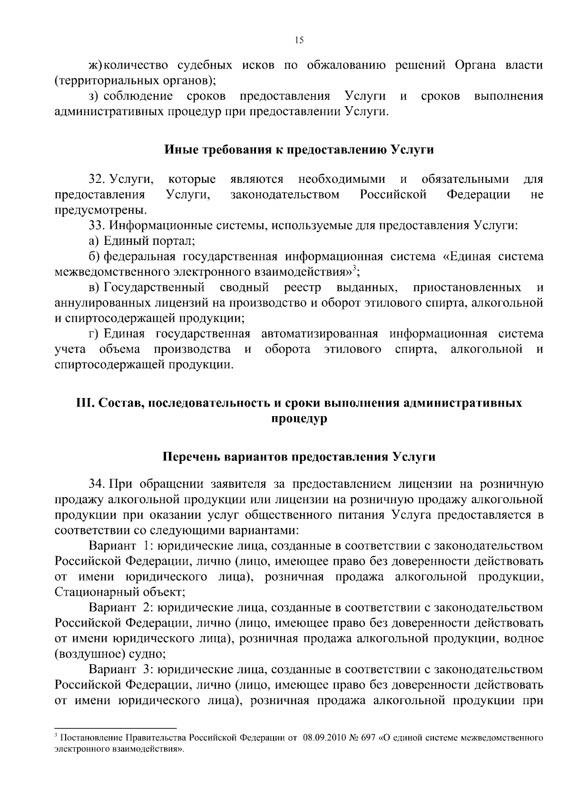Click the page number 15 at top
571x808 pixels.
coord(299,40)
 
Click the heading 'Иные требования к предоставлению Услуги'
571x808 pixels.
coord(299,150)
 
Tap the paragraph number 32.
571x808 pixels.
coord(97,180)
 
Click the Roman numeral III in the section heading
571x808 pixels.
coord(85,403)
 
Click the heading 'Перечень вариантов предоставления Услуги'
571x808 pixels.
coord(299,457)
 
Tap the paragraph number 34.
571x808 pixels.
coord(97,485)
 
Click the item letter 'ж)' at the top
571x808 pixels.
coord(95,65)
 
